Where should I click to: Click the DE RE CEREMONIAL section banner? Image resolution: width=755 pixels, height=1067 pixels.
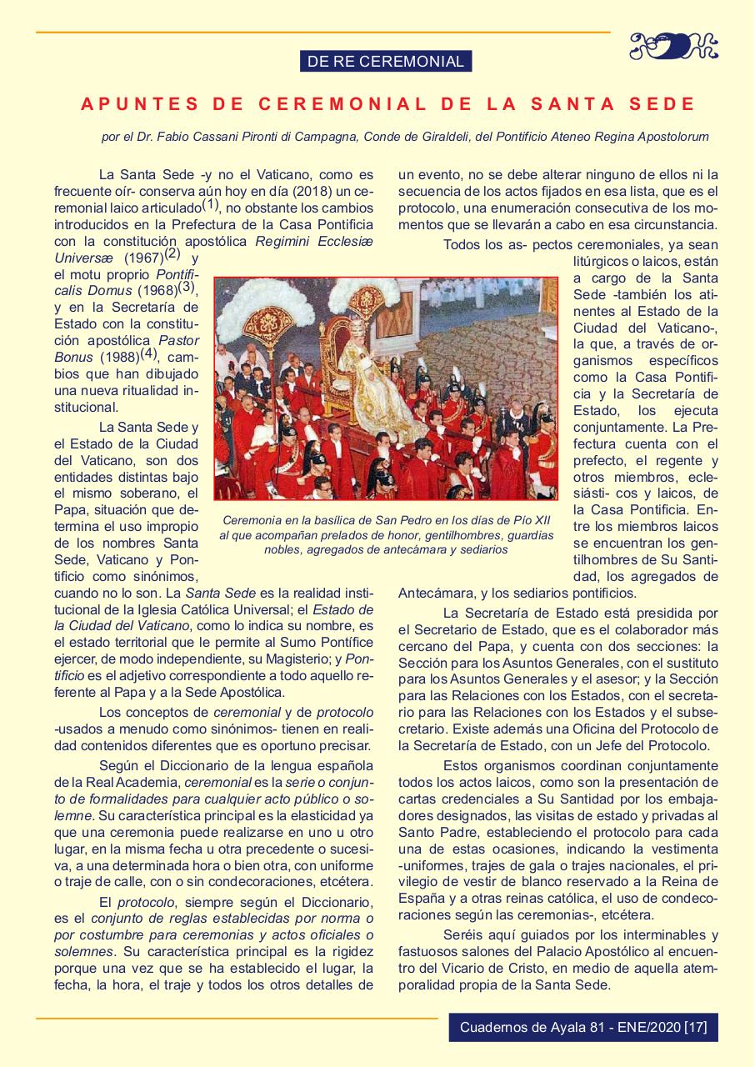(x=385, y=61)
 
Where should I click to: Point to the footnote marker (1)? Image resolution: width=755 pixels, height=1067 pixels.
(x=209, y=205)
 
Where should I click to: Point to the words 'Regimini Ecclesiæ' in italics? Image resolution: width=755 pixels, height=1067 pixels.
(x=315, y=241)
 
